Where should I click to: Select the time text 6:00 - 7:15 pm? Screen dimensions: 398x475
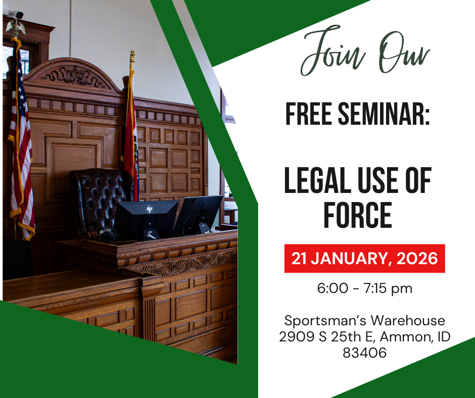click(x=364, y=288)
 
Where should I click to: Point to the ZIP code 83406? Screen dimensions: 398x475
click(x=364, y=353)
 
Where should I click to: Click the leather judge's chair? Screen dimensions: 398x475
click(x=98, y=197)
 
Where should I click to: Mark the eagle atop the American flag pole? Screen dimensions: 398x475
click(x=16, y=25)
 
